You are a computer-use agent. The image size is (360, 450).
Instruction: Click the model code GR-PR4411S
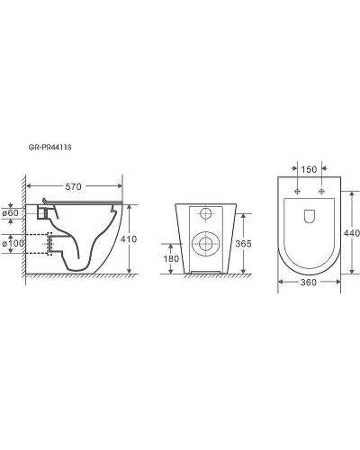click(49, 148)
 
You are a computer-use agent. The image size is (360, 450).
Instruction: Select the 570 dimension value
click(73, 186)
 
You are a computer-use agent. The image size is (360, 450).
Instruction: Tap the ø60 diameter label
click(11, 213)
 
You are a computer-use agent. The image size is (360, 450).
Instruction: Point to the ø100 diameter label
click(13, 243)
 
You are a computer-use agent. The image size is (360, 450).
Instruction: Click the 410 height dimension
click(129, 239)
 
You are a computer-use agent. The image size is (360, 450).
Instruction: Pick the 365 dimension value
click(243, 244)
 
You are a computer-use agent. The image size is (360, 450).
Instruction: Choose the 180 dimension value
click(171, 258)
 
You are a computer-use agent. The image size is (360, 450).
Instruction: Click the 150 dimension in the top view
click(309, 169)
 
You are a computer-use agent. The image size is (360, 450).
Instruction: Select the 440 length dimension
click(352, 233)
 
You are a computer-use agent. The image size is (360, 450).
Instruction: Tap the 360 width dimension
click(309, 283)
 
